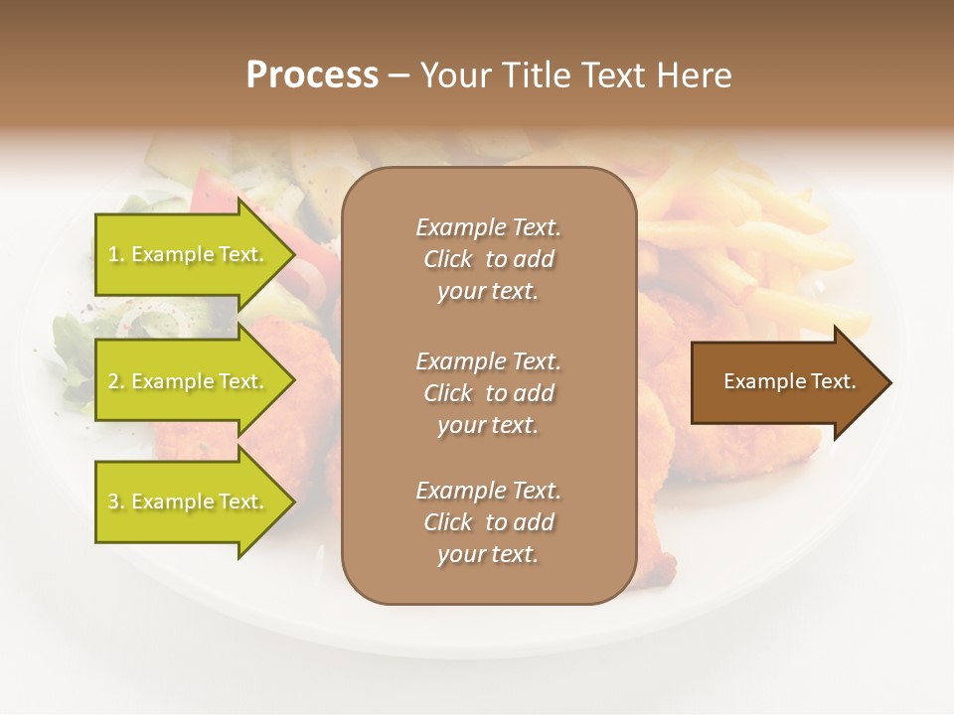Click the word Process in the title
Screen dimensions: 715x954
tap(312, 75)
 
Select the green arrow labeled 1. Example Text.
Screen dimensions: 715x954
tap(189, 254)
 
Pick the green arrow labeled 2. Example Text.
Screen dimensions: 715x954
tap(189, 381)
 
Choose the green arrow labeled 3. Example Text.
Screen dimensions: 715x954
tap(189, 501)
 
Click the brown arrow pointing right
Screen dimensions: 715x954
tap(785, 382)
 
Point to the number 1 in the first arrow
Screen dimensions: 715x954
tap(113, 255)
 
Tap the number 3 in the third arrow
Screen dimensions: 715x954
tap(113, 502)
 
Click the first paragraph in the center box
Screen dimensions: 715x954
tap(488, 259)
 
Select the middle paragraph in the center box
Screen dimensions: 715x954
tap(488, 393)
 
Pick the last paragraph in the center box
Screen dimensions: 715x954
tap(488, 522)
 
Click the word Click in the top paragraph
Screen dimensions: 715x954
tap(448, 259)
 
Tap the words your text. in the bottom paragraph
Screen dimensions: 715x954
tap(488, 554)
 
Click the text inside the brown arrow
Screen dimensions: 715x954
tap(790, 381)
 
